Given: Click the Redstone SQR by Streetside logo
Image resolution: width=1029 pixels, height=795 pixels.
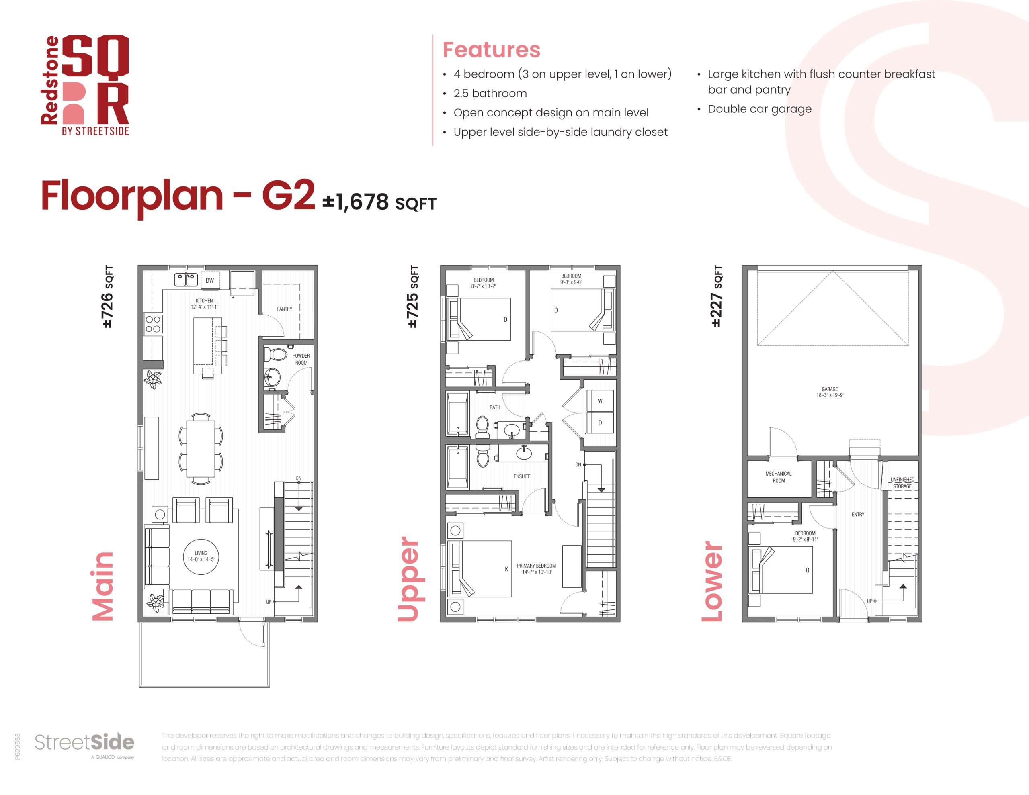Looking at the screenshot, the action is pyautogui.click(x=85, y=85).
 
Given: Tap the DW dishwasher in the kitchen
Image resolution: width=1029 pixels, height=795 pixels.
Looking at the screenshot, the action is pyautogui.click(x=210, y=281).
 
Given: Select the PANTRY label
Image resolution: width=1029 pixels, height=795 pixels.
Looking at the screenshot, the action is pyautogui.click(x=284, y=309).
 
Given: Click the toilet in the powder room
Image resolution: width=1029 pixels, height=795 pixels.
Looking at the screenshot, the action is pyautogui.click(x=276, y=354).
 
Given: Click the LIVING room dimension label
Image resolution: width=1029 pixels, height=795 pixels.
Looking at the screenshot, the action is pyautogui.click(x=201, y=556).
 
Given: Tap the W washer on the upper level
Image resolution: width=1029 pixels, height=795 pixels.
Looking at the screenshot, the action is pyautogui.click(x=600, y=401).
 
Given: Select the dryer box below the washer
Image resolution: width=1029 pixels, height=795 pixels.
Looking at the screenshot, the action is pyautogui.click(x=600, y=423).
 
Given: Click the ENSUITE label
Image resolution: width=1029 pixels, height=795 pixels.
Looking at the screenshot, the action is pyautogui.click(x=522, y=476).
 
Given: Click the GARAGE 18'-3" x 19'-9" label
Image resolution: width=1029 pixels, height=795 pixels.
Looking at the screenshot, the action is pyautogui.click(x=830, y=392).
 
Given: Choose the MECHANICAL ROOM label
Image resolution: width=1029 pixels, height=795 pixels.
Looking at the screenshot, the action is pyautogui.click(x=778, y=477).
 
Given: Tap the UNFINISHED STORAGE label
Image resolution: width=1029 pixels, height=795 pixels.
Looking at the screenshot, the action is pyautogui.click(x=902, y=483).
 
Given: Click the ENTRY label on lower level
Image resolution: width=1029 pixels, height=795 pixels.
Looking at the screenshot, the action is pyautogui.click(x=857, y=514).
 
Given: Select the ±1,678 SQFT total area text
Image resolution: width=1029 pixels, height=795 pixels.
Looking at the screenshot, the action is pyautogui.click(x=379, y=202).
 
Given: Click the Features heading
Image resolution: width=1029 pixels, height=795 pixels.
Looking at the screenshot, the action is pyautogui.click(x=492, y=50).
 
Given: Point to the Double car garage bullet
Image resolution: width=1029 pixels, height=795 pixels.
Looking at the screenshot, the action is pyautogui.click(x=760, y=109).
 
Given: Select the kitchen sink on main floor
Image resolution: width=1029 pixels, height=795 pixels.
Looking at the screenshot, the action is pyautogui.click(x=186, y=280).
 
